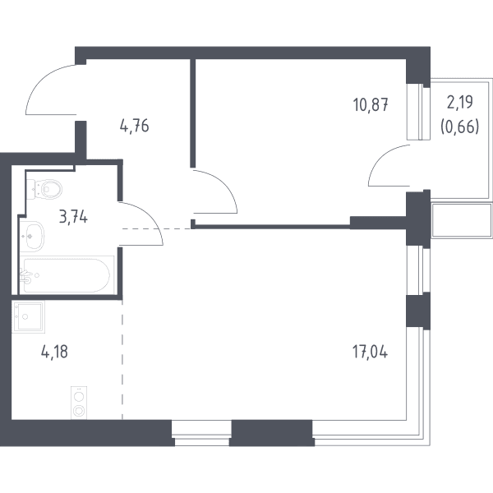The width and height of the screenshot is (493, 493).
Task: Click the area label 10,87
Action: pos(371,104)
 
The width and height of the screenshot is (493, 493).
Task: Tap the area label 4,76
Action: pos(134,126)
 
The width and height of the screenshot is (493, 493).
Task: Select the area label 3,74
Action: pos(73,217)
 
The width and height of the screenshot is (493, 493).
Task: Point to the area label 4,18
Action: pos(54,352)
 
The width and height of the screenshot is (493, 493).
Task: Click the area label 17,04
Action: pos(370,352)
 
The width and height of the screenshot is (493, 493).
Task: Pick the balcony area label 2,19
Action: pos(460,102)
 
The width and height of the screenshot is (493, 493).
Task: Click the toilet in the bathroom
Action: pos(44,189)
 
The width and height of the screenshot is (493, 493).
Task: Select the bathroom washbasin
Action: pos(32,236)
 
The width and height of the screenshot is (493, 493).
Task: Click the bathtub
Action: pos(67,275)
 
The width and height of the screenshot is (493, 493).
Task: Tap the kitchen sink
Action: pos(28,316)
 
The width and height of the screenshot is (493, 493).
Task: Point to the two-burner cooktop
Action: pos(79,403)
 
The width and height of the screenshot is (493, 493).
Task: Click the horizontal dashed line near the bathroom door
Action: pos(157,228)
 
